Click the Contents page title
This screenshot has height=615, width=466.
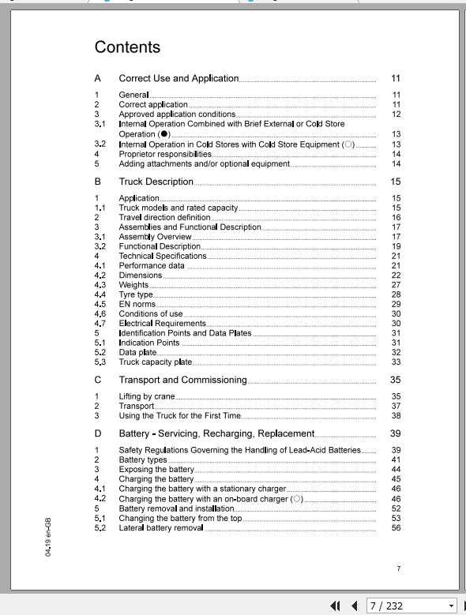[127, 47]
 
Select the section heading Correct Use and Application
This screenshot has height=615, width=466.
[179, 78]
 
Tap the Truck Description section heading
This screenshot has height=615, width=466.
[156, 182]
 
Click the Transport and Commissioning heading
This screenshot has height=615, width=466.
[182, 380]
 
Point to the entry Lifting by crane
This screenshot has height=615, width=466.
[147, 396]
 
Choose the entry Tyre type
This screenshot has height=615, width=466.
[136, 294]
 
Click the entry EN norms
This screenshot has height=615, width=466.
[137, 304]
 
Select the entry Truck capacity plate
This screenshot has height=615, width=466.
[155, 362]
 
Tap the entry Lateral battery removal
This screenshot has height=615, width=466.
[161, 528]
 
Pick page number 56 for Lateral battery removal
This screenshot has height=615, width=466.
[396, 528]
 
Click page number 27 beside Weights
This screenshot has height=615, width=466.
[396, 285]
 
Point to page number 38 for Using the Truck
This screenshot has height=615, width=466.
[396, 415]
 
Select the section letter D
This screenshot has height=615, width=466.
[98, 433]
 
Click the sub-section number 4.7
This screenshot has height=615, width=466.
[100, 324]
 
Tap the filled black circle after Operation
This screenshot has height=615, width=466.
[164, 135]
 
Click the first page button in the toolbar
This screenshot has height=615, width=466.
[336, 606]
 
